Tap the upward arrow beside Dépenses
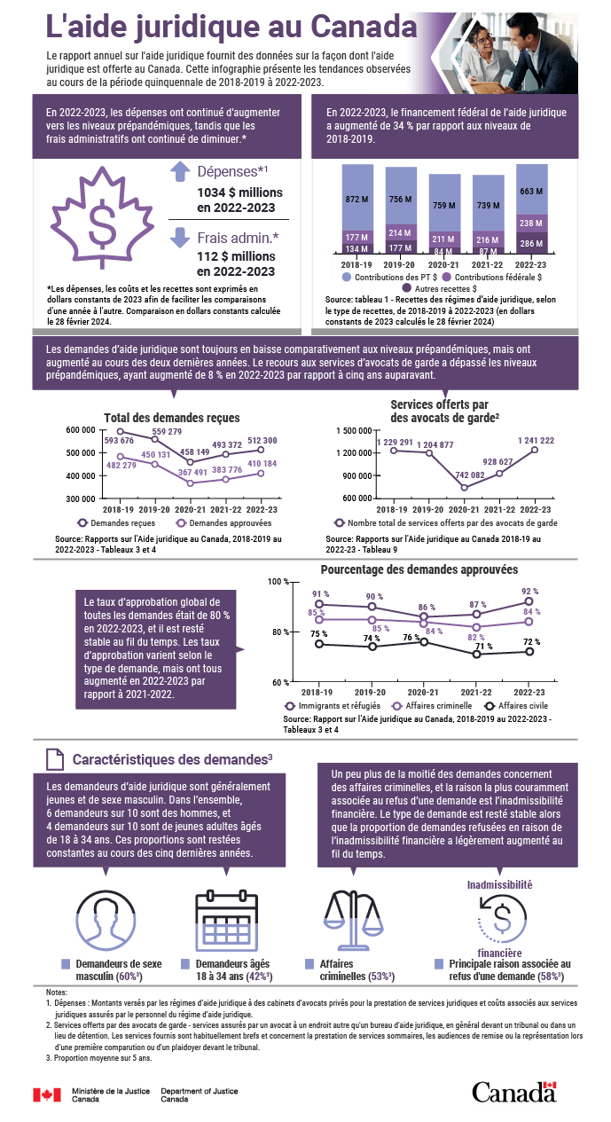pos(180,173)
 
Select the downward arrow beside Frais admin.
pos(180,237)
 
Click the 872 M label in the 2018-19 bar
pos(357,199)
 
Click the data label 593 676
pos(119,440)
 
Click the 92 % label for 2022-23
pos(530,591)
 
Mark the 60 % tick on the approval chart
pos(279,681)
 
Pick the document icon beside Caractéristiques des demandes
pos(54,759)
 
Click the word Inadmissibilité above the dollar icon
pos(499,883)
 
